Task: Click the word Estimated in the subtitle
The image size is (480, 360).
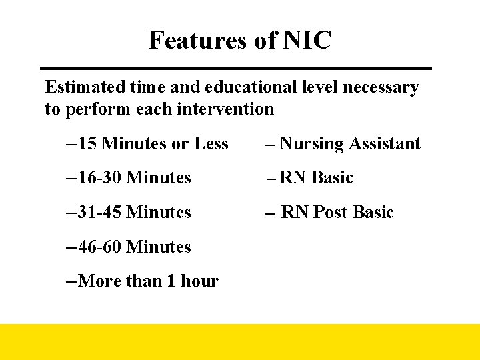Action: [x=83, y=87]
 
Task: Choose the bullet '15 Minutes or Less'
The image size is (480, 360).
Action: [x=153, y=143]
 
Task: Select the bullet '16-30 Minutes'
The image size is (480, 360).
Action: [x=134, y=178]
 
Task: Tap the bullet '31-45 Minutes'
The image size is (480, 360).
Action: [x=134, y=212]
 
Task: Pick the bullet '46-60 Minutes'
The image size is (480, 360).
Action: [x=134, y=247]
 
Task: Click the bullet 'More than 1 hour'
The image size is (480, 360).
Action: [x=147, y=281]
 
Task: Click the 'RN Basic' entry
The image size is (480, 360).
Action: [x=316, y=178]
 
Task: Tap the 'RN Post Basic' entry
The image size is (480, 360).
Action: [x=337, y=213]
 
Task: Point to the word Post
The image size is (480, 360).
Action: [x=330, y=213]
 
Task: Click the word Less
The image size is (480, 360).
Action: [x=211, y=143]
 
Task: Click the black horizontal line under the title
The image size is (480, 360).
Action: [x=236, y=69]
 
